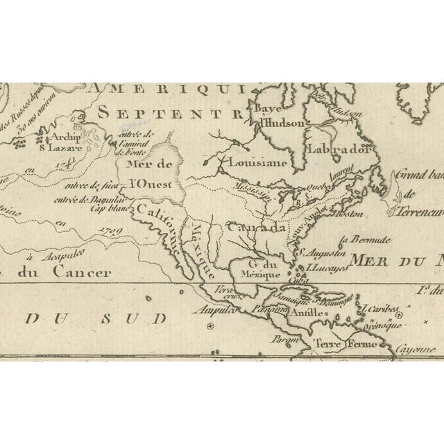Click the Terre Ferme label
point(334,344)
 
